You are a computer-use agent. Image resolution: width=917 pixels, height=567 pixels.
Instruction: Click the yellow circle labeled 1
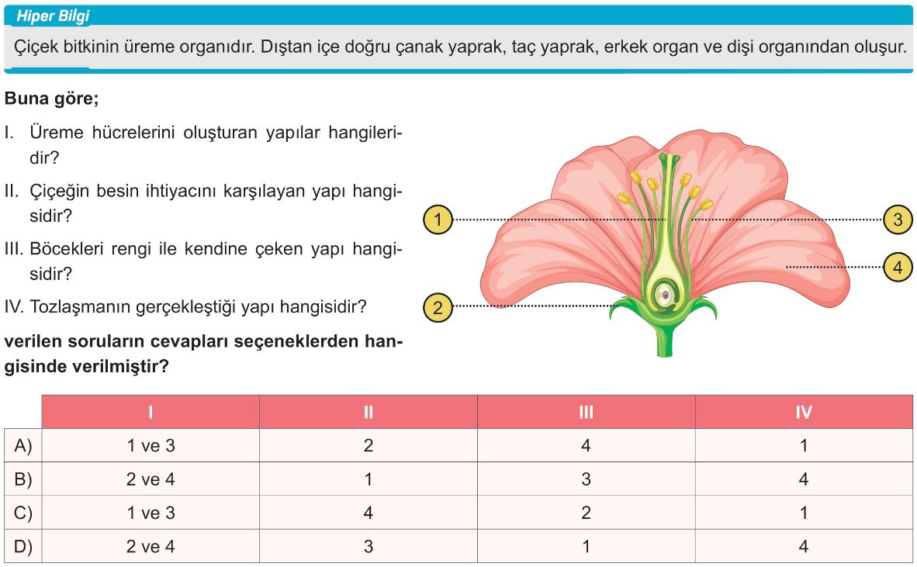[x=438, y=220]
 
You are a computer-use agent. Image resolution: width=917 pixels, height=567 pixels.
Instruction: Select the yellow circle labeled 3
[x=898, y=220]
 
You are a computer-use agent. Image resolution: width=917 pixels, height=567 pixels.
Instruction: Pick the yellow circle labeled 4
[x=898, y=268]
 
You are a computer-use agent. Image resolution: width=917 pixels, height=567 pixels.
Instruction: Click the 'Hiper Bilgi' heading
[x=53, y=16]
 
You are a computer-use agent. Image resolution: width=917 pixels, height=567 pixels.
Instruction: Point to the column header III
[x=586, y=412]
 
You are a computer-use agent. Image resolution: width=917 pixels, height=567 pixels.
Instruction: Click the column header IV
[x=805, y=412]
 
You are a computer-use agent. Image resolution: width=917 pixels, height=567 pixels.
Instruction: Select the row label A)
[x=23, y=445]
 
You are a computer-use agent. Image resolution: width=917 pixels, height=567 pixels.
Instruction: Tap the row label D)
[x=23, y=547]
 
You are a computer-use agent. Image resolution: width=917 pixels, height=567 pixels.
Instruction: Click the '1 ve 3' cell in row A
[x=151, y=445]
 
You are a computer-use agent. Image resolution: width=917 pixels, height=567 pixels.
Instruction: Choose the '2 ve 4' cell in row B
[x=151, y=479]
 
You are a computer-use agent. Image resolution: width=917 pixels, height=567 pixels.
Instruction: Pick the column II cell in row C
[x=369, y=513]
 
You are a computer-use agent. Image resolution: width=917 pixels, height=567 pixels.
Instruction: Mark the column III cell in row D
[x=586, y=547]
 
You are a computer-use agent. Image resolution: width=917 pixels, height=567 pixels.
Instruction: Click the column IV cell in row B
[x=805, y=479]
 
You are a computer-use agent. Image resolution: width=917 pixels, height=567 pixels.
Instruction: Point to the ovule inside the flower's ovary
[x=664, y=293]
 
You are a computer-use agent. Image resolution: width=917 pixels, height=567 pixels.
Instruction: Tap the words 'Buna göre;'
[x=51, y=99]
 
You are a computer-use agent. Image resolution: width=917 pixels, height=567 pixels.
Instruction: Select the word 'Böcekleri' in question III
[x=71, y=249]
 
